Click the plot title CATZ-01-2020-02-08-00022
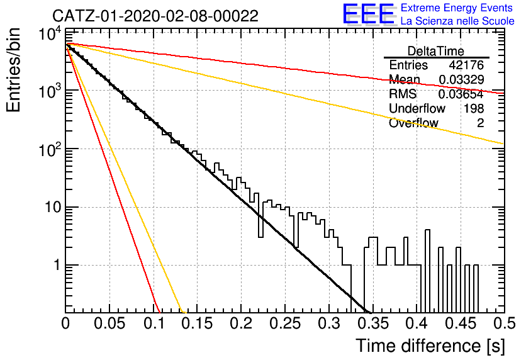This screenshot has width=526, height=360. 155,16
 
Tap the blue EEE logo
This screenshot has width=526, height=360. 368,14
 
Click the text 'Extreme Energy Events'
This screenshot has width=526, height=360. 457,8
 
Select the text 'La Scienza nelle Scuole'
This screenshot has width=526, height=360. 457,21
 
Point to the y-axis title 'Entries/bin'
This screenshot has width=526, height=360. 14,70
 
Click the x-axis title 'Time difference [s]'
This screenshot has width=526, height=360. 430,346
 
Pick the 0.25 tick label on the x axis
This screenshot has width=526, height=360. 286,323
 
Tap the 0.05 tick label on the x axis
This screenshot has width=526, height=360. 109,323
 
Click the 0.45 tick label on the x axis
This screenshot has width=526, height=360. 461,323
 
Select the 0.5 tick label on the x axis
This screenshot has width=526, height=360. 505,323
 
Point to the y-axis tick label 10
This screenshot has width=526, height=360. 53,207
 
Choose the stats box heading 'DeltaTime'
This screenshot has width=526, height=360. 436,51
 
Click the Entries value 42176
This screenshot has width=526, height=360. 466,65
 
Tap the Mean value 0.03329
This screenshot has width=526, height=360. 461,79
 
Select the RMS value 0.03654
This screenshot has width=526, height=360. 461,94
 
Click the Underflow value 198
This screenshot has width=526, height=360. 474,108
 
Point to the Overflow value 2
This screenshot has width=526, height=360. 480,123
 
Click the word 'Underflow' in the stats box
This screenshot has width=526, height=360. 417,108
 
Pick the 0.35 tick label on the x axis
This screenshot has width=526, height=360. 373,323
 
